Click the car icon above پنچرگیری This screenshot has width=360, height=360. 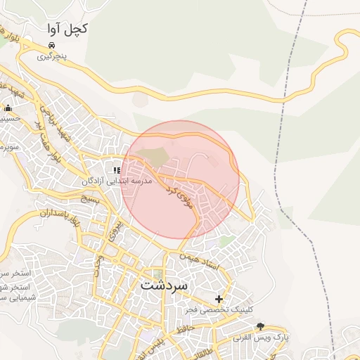pos(51,45)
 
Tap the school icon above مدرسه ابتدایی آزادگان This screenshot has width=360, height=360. pos(117,170)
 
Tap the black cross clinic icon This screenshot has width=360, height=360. pos(219,299)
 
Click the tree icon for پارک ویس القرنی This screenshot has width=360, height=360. pos(261,326)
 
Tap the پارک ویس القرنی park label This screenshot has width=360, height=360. pos(261,337)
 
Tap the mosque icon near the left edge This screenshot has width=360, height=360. pos(8,108)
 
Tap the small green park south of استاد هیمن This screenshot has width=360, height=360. pos(226,241)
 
